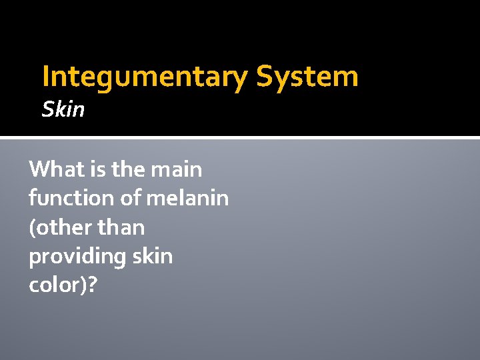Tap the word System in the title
pyautogui.click(x=307, y=77)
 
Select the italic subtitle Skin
pyautogui.click(x=63, y=109)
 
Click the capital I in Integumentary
pyautogui.click(x=45, y=77)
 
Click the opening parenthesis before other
pyautogui.click(x=32, y=228)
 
